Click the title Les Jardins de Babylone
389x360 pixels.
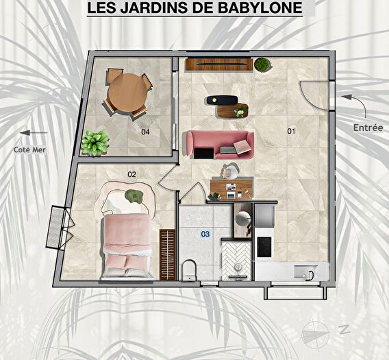coord(194,9)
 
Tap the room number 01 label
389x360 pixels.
coord(290,131)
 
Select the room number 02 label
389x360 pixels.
coord(131,174)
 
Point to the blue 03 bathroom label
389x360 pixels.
coord(205,234)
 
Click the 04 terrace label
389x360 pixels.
coord(145,132)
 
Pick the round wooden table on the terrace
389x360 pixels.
coord(127,91)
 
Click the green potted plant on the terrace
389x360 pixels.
coord(95,143)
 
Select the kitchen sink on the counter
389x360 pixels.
coord(302,274)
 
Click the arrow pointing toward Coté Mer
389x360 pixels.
coord(34,133)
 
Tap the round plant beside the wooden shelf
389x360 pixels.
coord(262,64)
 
